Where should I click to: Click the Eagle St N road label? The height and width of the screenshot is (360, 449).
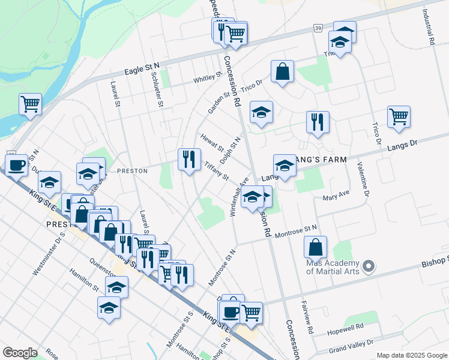click(x=142, y=68)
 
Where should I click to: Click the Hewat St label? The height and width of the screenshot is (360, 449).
click(x=212, y=143)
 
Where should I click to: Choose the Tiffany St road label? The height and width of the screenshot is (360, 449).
click(x=216, y=170)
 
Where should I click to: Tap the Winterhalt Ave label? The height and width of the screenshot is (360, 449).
click(x=239, y=196)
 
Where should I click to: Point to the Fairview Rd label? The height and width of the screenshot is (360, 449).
click(x=307, y=316)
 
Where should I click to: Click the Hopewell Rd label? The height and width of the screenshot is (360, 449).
click(x=346, y=328)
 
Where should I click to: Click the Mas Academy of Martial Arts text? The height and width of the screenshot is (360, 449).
click(x=333, y=267)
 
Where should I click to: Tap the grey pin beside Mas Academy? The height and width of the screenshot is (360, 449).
click(x=369, y=265)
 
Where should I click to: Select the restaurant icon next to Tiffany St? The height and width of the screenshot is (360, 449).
click(x=189, y=159)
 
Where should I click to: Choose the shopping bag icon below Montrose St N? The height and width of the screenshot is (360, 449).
click(x=315, y=247)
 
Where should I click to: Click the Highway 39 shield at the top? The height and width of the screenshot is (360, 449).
click(x=317, y=28)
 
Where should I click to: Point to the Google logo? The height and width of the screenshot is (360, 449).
click(x=20, y=353)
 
